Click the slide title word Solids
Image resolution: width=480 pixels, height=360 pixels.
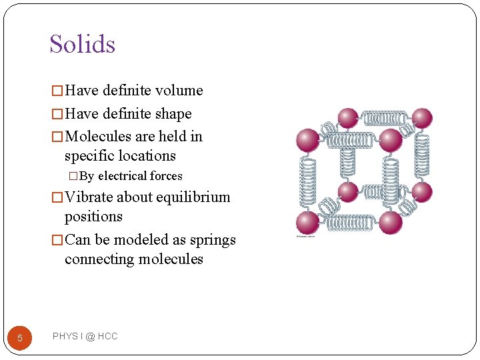[82, 44]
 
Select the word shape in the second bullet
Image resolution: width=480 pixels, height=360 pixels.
[173, 114]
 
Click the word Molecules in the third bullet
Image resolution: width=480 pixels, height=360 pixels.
[98, 137]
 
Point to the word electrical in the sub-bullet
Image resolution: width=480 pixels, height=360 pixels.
[121, 177]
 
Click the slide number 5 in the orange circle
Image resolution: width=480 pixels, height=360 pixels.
[20, 338]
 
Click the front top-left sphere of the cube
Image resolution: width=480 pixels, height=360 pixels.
[307, 140]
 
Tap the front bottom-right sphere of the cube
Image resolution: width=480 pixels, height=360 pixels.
[390, 223]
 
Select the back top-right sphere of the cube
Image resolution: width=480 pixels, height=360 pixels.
[421, 118]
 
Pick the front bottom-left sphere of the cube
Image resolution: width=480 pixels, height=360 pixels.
[307, 223]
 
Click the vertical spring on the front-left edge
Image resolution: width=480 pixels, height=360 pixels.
[307, 181]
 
